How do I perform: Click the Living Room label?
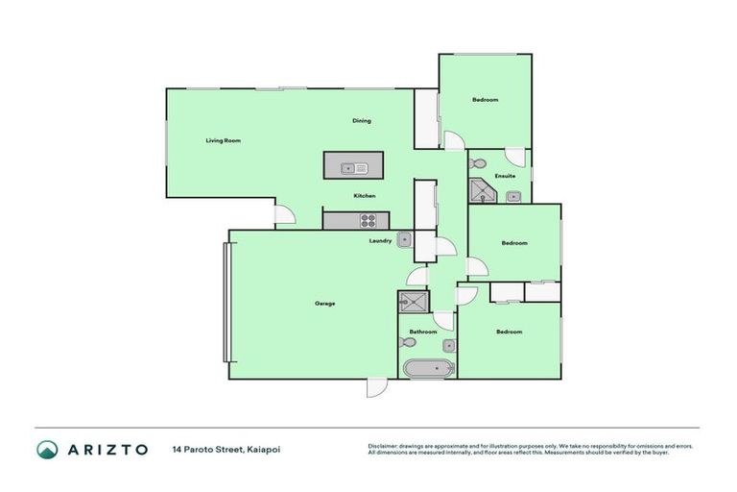pyautogui.click(x=223, y=140)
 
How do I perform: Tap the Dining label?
pyautogui.click(x=361, y=121)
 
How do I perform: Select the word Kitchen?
pyautogui.click(x=364, y=196)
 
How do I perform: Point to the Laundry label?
pyautogui.click(x=380, y=241)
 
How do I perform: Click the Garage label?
pyautogui.click(x=324, y=304)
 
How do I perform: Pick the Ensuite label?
pyautogui.click(x=505, y=177)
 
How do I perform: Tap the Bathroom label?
pyautogui.click(x=422, y=332)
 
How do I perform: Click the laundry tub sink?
pyautogui.click(x=405, y=240)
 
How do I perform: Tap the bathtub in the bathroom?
pyautogui.click(x=428, y=368)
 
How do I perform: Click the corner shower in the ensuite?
pyautogui.click(x=482, y=190)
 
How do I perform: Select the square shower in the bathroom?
pyautogui.click(x=414, y=302)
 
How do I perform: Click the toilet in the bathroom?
pyautogui.click(x=405, y=342)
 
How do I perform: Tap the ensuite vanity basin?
pyautogui.click(x=513, y=197)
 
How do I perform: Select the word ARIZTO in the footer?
pyautogui.click(x=107, y=449)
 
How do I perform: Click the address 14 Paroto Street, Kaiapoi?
pyautogui.click(x=226, y=449)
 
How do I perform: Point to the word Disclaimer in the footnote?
pyautogui.click(x=383, y=446)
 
